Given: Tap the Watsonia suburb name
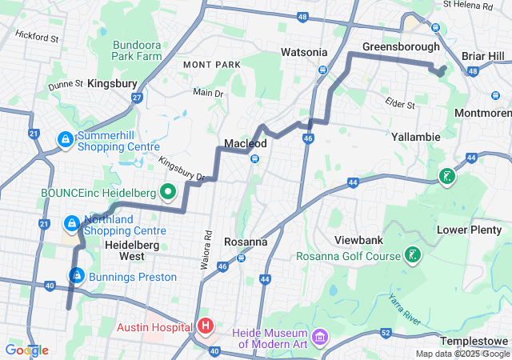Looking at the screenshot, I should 304,52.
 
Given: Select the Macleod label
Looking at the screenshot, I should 245,142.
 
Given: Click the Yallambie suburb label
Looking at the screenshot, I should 416,137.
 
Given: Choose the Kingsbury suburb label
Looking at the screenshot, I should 113,83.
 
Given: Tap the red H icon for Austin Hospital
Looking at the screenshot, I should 206,326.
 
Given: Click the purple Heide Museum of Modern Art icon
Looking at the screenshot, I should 321,338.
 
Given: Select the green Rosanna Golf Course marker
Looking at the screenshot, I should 413,256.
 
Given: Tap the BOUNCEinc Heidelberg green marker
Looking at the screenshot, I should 168,193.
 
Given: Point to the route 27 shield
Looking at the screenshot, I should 137,98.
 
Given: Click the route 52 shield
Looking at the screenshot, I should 386,332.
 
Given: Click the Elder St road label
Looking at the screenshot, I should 401,105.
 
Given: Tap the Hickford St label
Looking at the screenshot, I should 37,37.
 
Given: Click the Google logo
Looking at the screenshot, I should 26,350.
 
